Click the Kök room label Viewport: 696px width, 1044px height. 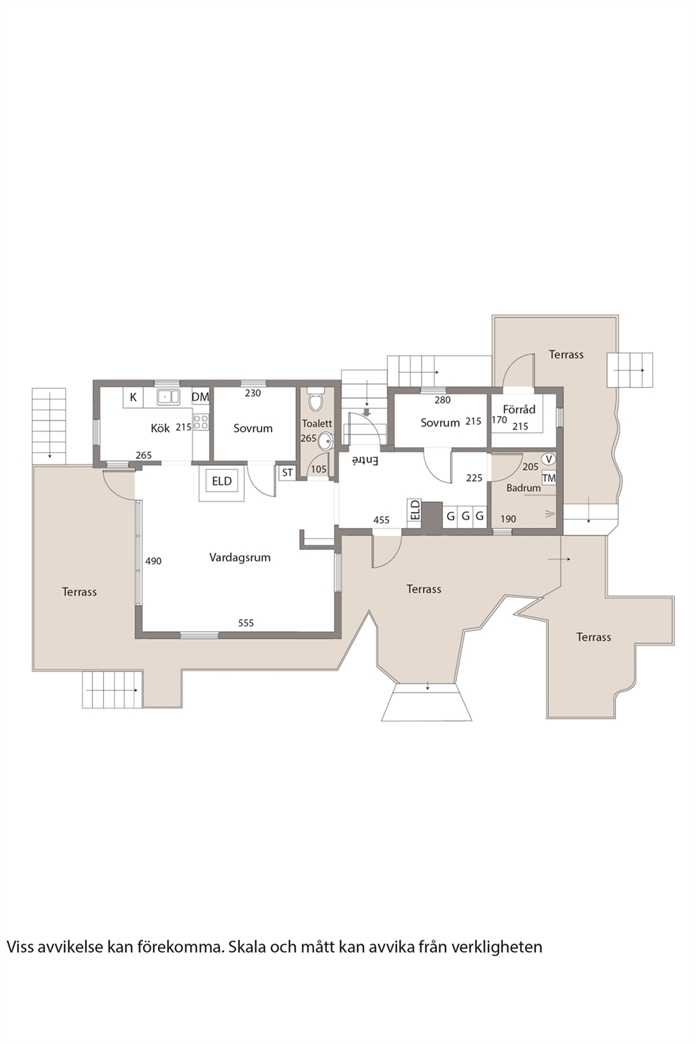161,428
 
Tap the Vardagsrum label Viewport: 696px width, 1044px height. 240,557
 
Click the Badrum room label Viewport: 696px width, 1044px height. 523,488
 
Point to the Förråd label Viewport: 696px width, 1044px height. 519,409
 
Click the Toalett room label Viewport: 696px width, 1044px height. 317,423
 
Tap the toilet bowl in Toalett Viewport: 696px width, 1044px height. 316,402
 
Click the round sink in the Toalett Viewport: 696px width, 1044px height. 326,441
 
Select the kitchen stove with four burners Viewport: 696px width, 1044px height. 201,422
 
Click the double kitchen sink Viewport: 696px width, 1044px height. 168,396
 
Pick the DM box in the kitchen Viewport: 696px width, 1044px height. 201,397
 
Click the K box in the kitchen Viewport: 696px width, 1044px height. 133,398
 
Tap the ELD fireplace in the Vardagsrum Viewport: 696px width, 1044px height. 222,481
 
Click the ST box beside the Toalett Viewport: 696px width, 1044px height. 288,473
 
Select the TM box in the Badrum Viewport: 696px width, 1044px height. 549,479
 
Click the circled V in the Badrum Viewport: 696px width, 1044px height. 549,459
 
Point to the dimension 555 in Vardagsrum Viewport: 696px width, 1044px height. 246,622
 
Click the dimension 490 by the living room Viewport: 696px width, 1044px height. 154,561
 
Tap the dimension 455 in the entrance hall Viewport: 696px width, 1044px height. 382,520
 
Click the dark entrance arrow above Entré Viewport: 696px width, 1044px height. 368,412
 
